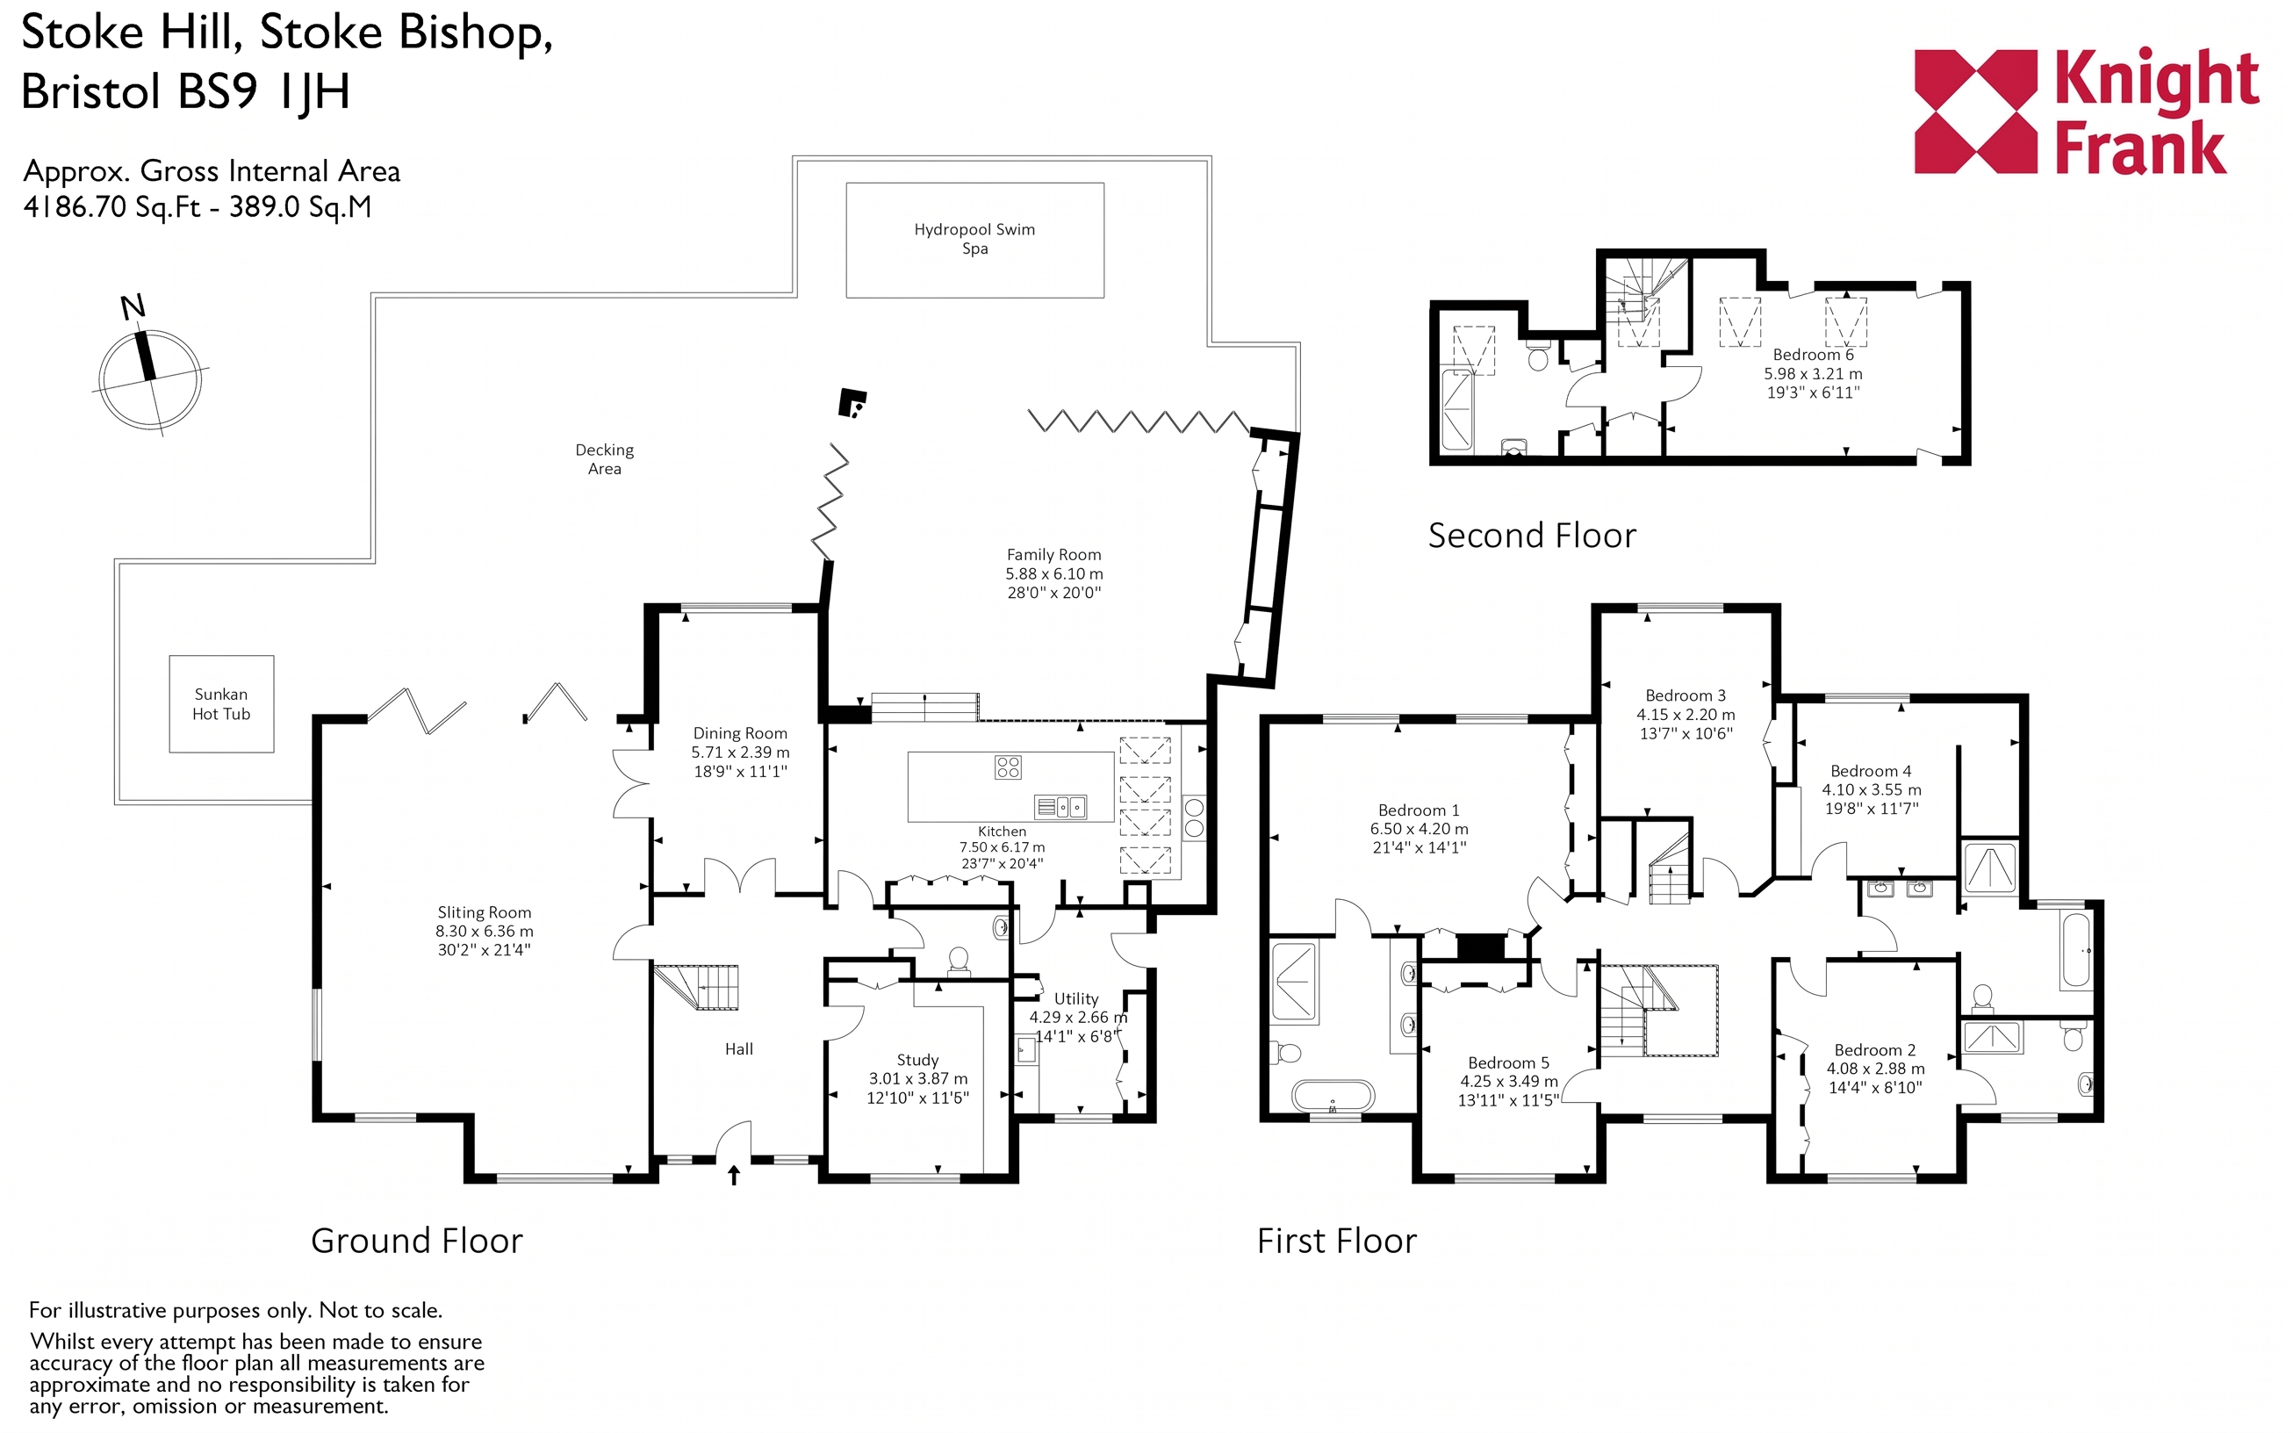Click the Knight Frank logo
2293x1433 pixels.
tap(2087, 112)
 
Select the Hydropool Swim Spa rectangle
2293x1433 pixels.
tap(974, 240)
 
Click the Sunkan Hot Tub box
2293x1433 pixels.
tap(222, 704)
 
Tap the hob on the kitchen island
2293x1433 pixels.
tap(1007, 767)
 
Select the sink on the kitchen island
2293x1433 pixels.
tap(1060, 807)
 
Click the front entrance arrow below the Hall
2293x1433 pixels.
tap(733, 1175)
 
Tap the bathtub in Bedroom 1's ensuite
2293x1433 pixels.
tap(1333, 1097)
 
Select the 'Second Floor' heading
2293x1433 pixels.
tap(1532, 536)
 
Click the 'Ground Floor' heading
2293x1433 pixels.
tap(417, 1241)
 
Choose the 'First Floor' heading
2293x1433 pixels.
tap(1337, 1241)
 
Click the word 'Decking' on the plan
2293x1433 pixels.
tap(605, 450)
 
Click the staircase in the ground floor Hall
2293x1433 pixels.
tap(696, 988)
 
